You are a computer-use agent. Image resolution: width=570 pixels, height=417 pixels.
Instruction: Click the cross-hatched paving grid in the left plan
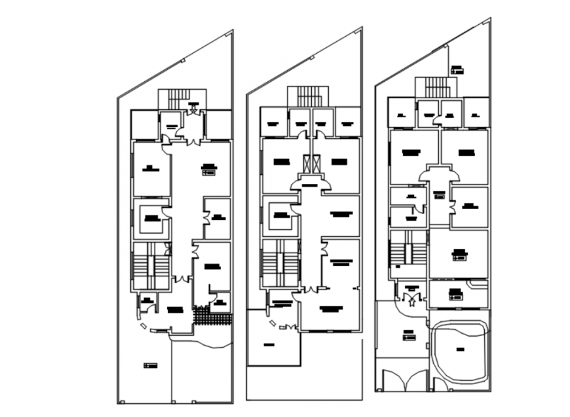pyautogui.click(x=212, y=317)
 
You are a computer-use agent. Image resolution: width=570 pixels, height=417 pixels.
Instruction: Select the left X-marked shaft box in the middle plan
pyautogui.click(x=306, y=164)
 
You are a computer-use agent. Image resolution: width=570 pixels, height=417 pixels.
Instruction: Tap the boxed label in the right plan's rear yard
pyautogui.click(x=457, y=69)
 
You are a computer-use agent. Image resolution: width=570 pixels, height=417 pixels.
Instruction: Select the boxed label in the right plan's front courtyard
pyautogui.click(x=409, y=335)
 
